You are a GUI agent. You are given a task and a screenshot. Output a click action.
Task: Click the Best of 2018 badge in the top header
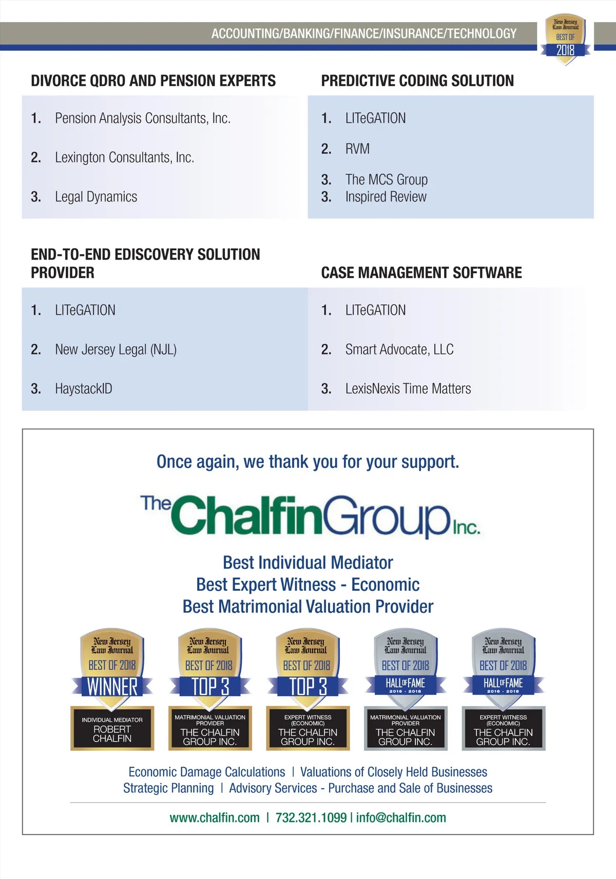click(565, 38)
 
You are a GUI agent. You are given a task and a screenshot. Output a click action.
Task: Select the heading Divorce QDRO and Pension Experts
click(153, 81)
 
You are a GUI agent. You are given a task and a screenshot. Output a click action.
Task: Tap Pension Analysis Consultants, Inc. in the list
click(142, 118)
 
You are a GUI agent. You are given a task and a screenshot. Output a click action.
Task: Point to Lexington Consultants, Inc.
click(124, 157)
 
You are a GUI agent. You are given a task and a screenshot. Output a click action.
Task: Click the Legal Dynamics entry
click(96, 197)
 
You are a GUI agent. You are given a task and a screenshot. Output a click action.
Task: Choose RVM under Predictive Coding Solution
click(357, 149)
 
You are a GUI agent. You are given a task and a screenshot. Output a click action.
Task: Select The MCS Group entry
click(386, 180)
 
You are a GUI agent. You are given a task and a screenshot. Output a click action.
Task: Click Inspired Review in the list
click(386, 197)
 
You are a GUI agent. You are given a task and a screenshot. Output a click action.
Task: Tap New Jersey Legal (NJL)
click(115, 350)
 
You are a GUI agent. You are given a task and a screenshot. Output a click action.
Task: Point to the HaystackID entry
click(83, 389)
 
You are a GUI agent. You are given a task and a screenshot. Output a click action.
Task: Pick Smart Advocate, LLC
click(399, 350)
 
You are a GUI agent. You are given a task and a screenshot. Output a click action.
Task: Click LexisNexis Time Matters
click(408, 389)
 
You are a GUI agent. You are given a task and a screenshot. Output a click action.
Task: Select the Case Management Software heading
click(421, 273)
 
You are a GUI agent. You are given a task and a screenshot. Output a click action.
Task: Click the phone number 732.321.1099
click(311, 818)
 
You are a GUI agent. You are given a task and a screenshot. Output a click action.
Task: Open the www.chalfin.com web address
click(215, 818)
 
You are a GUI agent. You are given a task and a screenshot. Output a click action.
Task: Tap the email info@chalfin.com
click(401, 818)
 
